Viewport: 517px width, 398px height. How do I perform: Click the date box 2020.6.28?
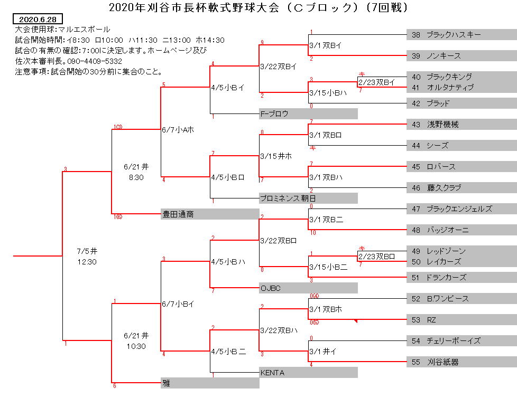(x=38, y=19)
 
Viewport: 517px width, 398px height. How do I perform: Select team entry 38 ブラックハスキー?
(x=461, y=34)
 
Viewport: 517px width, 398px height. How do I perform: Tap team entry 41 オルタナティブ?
(x=461, y=87)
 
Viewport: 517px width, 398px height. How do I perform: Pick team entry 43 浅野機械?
(x=461, y=125)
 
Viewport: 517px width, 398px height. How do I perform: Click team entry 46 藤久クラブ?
(x=461, y=187)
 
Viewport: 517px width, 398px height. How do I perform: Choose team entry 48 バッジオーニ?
(x=461, y=230)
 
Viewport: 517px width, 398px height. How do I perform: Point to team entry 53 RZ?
(x=461, y=320)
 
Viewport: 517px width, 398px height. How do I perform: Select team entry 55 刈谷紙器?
(x=461, y=362)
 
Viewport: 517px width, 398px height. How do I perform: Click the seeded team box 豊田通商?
(x=210, y=214)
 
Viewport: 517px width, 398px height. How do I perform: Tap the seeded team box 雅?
(x=210, y=383)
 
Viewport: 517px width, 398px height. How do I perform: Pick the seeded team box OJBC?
(x=308, y=288)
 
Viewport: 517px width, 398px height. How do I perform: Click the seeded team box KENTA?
(x=308, y=372)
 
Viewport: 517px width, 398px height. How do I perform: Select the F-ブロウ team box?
(x=308, y=113)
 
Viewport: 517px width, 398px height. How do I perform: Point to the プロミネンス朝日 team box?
(x=308, y=198)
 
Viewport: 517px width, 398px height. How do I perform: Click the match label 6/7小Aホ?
(x=178, y=130)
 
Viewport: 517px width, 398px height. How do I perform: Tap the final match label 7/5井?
(x=87, y=251)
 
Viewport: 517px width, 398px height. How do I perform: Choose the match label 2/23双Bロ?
(x=376, y=257)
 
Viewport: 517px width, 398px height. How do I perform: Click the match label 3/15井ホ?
(x=276, y=156)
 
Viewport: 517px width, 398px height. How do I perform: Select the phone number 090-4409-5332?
(x=95, y=61)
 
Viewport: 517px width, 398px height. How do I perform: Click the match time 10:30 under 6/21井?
(x=136, y=346)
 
